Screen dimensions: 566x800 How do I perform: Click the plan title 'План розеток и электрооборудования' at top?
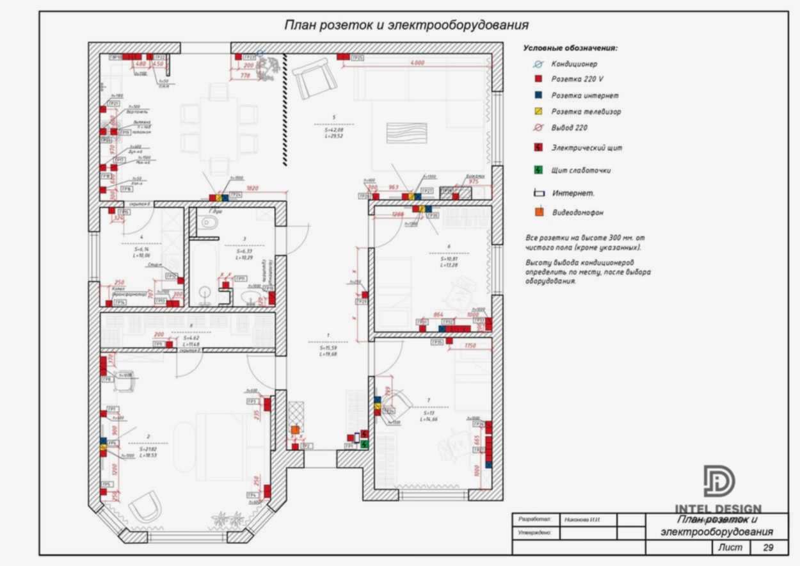click(x=406, y=25)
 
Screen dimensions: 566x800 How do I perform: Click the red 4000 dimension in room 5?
click(x=417, y=63)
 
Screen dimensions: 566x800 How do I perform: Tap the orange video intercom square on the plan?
click(x=294, y=430)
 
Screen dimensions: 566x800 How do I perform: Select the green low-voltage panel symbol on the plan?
click(x=365, y=443)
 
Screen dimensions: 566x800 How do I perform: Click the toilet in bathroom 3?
click(x=209, y=223)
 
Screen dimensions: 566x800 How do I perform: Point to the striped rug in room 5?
click(x=406, y=133)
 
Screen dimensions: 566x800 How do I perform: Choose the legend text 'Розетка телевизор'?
click(x=586, y=111)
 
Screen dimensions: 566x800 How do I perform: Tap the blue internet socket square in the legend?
click(x=538, y=95)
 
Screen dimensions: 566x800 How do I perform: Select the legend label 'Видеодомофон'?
click(x=577, y=212)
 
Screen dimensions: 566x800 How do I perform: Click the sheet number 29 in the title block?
click(x=768, y=547)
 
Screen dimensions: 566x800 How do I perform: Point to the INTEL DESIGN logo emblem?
click(x=719, y=480)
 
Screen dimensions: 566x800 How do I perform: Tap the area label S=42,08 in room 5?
click(x=333, y=129)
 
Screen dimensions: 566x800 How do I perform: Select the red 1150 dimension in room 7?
click(x=470, y=346)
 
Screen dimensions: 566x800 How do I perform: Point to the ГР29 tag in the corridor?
click(x=360, y=301)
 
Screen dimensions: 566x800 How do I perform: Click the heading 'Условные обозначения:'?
click(x=570, y=48)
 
